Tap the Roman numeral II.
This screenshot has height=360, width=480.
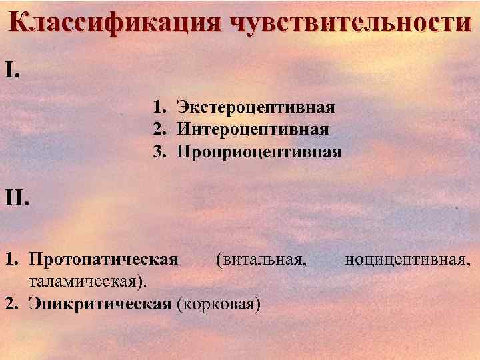coord(18,197)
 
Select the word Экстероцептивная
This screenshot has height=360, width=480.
coord(255,107)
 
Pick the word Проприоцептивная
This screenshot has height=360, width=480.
coord(259,152)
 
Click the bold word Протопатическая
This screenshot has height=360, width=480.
coord(104,259)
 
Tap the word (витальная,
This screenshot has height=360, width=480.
coord(261,259)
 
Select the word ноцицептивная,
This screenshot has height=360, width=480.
coord(408,259)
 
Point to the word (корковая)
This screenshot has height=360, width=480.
coord(219,304)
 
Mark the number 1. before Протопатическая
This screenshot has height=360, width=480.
coord(11,259)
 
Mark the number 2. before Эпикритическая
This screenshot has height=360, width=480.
coord(11,304)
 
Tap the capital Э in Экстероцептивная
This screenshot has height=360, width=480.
coord(182,107)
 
